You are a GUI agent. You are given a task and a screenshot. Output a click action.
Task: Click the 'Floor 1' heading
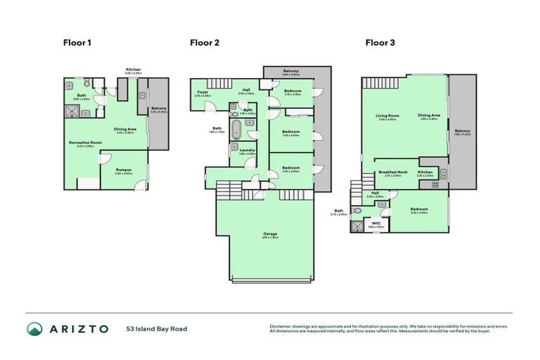click(77, 42)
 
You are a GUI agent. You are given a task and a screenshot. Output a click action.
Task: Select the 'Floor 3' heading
click(380, 42)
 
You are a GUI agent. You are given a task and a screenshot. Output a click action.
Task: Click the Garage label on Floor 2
click(270, 234)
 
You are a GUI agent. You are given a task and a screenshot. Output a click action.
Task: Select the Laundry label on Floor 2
click(246, 150)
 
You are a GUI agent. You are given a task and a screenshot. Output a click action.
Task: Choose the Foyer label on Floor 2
click(202, 92)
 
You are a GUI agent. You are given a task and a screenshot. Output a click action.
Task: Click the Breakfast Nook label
click(393, 172)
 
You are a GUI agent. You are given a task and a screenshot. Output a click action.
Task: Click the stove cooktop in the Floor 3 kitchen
click(435, 185)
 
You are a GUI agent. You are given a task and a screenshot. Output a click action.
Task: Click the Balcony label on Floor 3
click(462, 131)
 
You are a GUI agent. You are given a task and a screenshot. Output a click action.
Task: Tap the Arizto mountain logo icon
click(35, 329)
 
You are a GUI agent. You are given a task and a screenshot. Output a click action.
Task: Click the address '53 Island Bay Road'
click(157, 329)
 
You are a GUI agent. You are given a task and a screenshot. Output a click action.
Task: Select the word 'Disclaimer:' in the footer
click(283, 326)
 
